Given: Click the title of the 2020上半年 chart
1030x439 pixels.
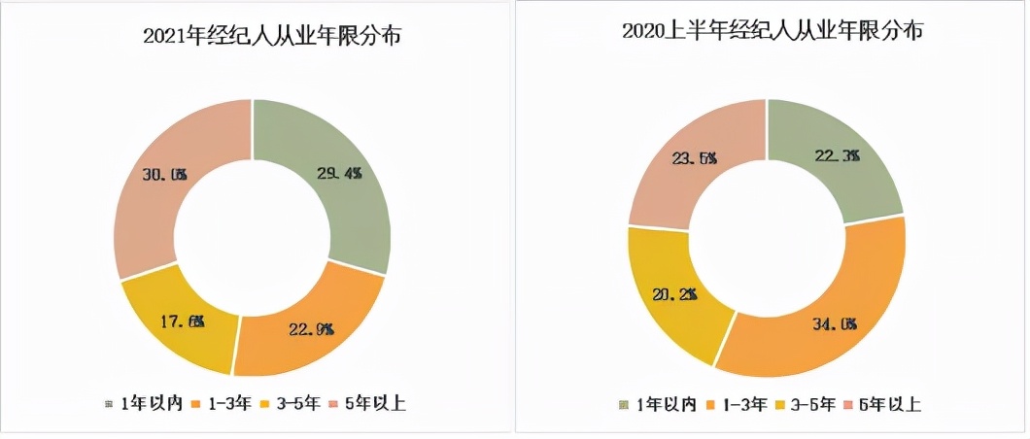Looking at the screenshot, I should click(x=772, y=31).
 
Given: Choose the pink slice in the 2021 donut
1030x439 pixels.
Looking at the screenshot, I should click(x=160, y=180).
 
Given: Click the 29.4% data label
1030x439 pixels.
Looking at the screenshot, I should click(x=339, y=174).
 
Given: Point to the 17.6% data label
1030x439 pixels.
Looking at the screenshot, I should click(x=182, y=321).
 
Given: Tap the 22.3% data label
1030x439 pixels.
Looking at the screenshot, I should click(x=837, y=156).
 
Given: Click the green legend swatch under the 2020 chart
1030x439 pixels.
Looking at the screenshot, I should click(x=624, y=405).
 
